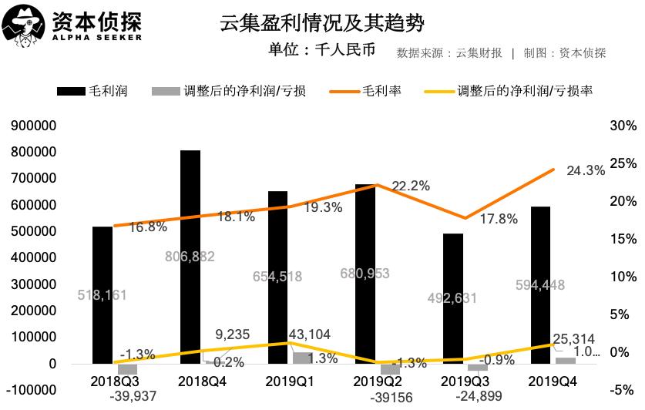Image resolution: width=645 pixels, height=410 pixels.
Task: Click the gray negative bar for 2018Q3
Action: click(x=127, y=368)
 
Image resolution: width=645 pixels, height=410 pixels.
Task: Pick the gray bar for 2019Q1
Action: click(x=303, y=358)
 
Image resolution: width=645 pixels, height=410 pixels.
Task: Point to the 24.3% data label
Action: click(x=586, y=171)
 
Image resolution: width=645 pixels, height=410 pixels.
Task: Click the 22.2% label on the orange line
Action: click(x=411, y=187)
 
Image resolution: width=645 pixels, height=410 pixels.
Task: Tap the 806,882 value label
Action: click(x=190, y=257)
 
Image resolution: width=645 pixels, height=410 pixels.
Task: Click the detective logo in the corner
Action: click(x=25, y=26)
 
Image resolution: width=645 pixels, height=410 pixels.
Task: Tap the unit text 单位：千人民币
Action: click(x=321, y=52)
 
